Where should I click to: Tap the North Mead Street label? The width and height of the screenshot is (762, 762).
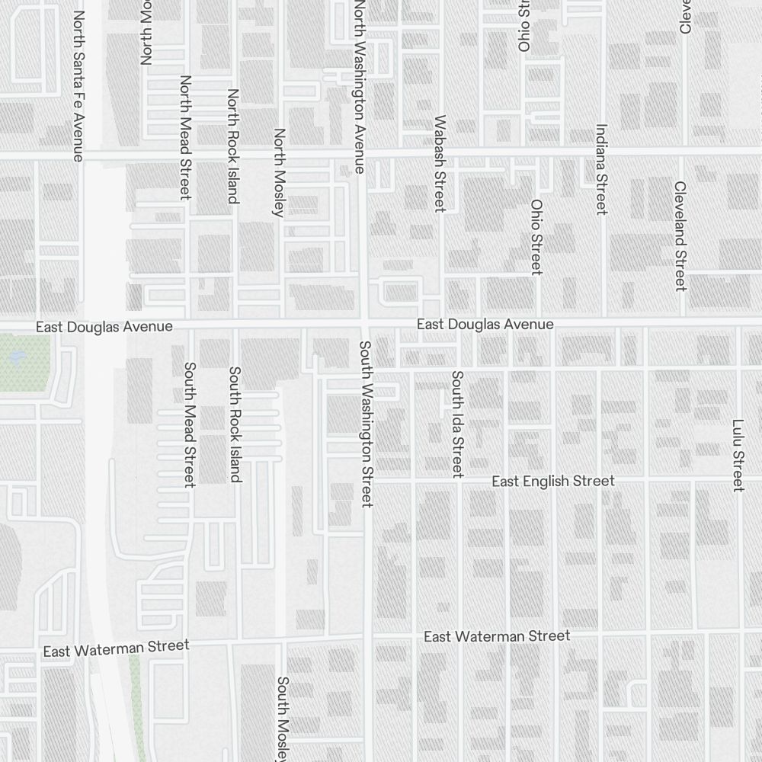184,137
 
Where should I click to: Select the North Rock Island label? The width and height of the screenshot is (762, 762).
232,146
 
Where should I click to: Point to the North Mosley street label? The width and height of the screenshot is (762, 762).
279,172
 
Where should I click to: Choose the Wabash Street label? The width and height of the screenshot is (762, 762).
440,163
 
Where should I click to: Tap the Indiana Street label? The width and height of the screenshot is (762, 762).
601,169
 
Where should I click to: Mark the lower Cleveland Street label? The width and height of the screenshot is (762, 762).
680,235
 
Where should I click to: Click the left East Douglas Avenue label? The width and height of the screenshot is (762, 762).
104,327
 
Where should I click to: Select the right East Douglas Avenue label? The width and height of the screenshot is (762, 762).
485,325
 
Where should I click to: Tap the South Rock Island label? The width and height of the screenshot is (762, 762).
235,424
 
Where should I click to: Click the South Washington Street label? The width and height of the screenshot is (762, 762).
366,424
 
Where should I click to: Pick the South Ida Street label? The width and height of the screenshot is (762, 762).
457,424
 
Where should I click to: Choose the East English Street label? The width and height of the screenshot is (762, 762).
552,482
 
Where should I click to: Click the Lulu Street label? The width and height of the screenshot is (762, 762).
738,455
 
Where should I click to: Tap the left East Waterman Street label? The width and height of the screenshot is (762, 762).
116,648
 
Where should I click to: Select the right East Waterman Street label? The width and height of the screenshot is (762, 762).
496,636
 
